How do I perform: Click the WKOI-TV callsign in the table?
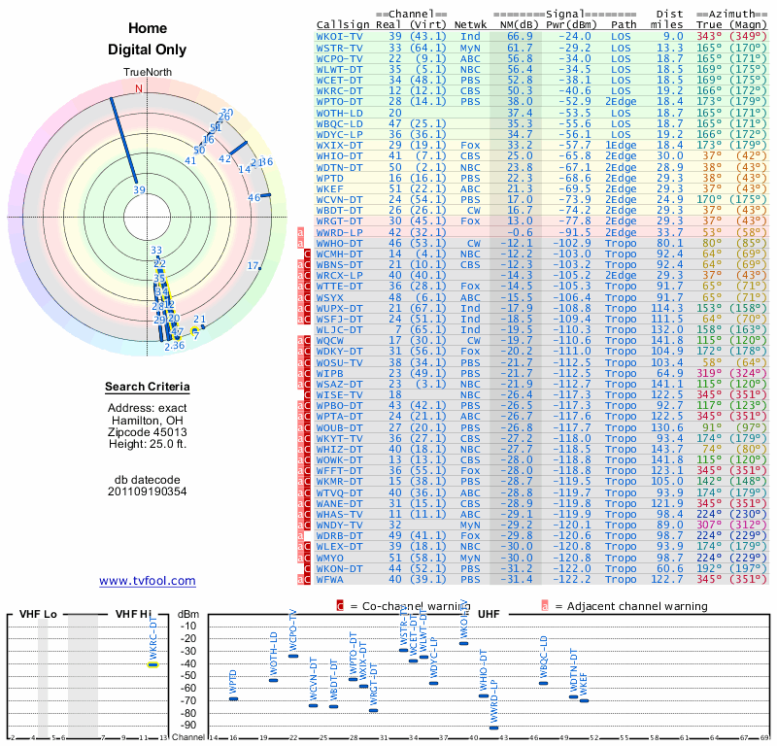[339, 35]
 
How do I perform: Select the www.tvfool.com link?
[147, 581]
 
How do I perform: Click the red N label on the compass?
[138, 88]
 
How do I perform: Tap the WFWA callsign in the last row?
[332, 579]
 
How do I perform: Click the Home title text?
[147, 28]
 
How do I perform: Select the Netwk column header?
[470, 23]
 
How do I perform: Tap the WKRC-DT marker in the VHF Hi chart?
[152, 664]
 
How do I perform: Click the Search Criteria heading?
[147, 388]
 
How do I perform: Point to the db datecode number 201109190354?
[147, 491]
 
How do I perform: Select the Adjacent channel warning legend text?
[631, 606]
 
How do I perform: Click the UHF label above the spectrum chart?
[489, 614]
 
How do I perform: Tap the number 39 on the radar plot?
[139, 190]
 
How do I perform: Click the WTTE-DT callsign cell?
[339, 287]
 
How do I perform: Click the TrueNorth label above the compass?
[147, 73]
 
